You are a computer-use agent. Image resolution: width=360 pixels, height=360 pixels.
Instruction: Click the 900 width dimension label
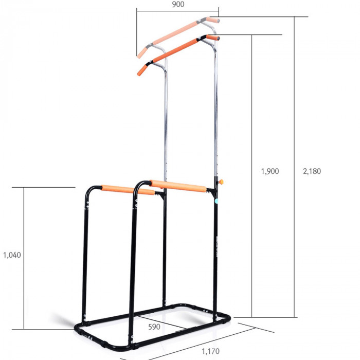point(178,4)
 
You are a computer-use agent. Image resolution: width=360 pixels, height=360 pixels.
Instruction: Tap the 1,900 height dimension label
point(270,171)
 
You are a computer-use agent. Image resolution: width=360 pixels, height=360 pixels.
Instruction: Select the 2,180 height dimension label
point(312,171)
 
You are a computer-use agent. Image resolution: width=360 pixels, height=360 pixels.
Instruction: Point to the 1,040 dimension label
point(12,255)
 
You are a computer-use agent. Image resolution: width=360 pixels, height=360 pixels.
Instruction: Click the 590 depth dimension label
point(154,327)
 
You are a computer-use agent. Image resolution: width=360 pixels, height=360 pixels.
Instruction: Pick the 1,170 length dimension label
point(210,351)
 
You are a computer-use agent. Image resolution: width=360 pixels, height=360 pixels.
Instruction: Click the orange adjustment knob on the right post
point(221,182)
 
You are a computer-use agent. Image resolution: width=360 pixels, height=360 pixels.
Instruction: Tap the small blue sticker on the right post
point(217,201)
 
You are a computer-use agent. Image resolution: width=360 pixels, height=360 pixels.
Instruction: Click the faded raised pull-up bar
point(178,37)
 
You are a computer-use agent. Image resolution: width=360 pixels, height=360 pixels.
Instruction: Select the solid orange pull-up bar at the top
point(178,55)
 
